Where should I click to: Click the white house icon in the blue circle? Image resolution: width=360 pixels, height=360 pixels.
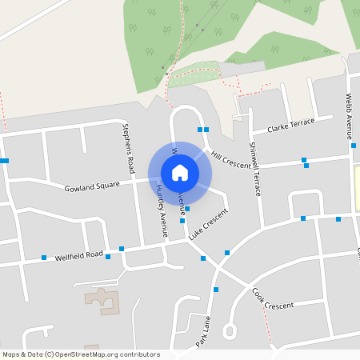[x=180, y=172]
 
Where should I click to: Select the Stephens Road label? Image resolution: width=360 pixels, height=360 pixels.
[x=130, y=150]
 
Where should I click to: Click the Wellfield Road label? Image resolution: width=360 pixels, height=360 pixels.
[x=79, y=256]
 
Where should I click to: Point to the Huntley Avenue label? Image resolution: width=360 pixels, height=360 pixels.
[x=161, y=210]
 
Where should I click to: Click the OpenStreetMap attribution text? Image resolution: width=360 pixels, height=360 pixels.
[x=80, y=354]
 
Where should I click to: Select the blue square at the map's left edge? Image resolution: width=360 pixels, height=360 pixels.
[x=4, y=161]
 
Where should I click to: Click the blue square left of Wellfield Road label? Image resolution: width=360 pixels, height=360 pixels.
[x=44, y=258]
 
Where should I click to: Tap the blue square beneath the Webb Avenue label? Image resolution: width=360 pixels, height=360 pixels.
[x=353, y=146]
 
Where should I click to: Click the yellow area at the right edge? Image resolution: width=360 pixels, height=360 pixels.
[x=357, y=188]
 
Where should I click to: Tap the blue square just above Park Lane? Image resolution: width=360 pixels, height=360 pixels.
[x=216, y=289]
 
